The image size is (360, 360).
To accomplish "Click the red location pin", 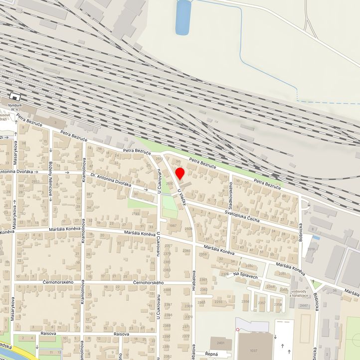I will [180, 174].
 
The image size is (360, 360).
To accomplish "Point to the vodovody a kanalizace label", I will [299, 293].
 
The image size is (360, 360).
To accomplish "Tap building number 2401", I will [220, 343].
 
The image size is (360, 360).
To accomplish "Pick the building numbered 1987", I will [173, 226].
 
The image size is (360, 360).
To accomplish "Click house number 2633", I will [35, 181].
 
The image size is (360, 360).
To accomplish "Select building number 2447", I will [304, 305].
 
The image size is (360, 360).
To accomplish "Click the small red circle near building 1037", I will [238, 330].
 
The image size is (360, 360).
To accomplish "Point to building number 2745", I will [136, 213].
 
